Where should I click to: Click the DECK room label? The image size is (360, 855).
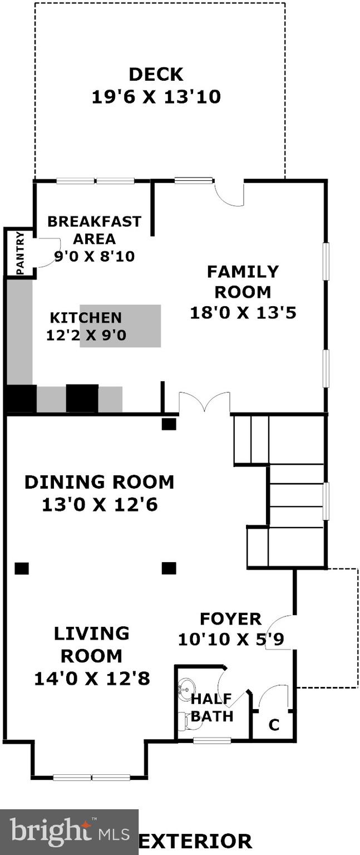tap(156, 74)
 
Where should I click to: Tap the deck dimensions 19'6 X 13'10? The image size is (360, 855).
tap(156, 97)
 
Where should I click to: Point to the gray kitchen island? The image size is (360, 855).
tap(120, 326)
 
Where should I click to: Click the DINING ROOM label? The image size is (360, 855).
tap(99, 482)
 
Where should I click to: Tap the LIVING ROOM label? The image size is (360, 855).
tap(92, 645)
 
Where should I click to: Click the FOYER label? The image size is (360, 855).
tap(230, 619)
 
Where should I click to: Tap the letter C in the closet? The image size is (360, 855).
tap(274, 725)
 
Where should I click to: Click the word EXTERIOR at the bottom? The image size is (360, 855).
tap(195, 841)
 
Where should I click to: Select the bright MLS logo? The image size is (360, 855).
tap(69, 832)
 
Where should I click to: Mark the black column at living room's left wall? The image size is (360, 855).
tap(21, 568)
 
